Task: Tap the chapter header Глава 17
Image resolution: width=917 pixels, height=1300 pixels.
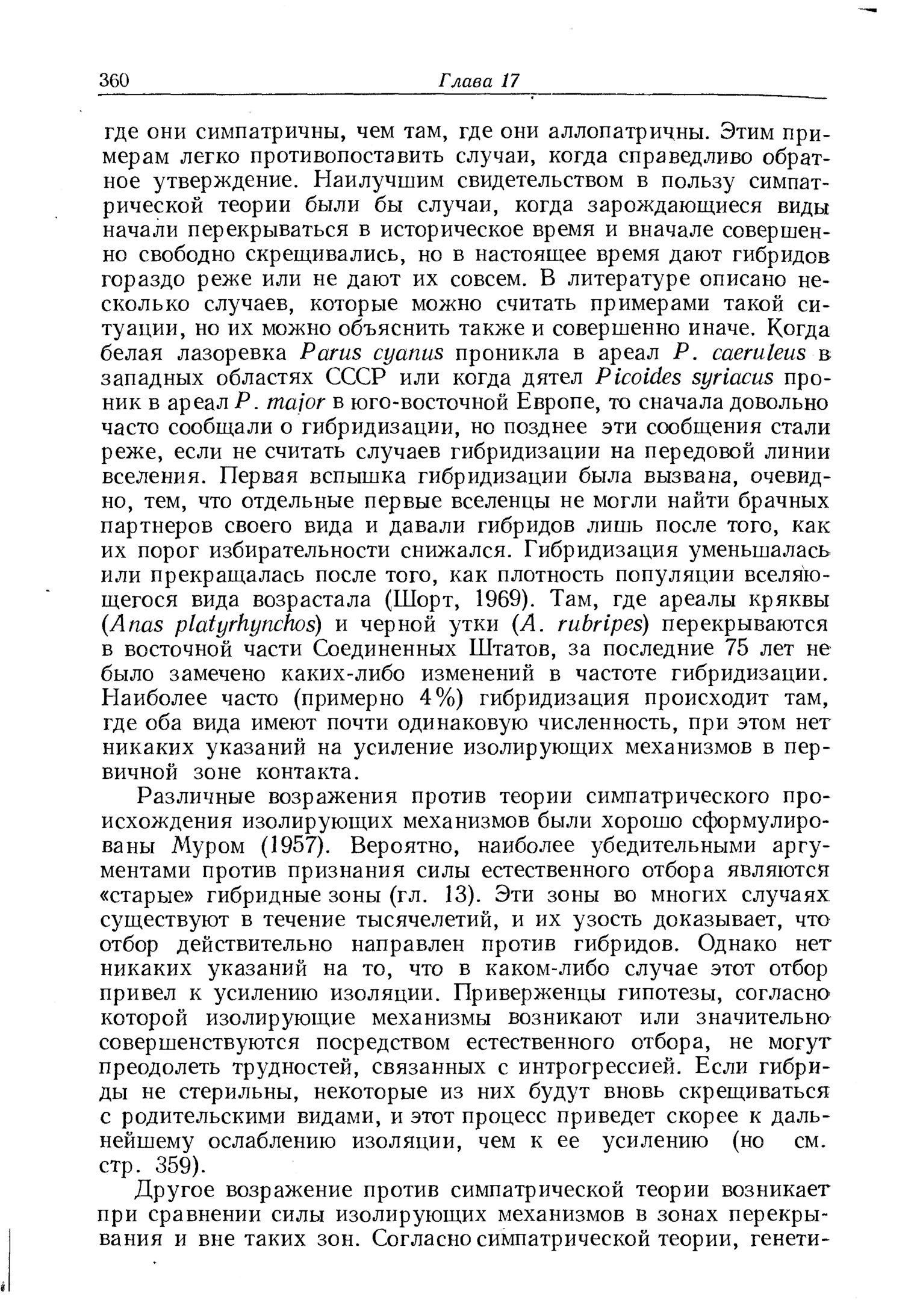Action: pyautogui.click(x=479, y=81)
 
